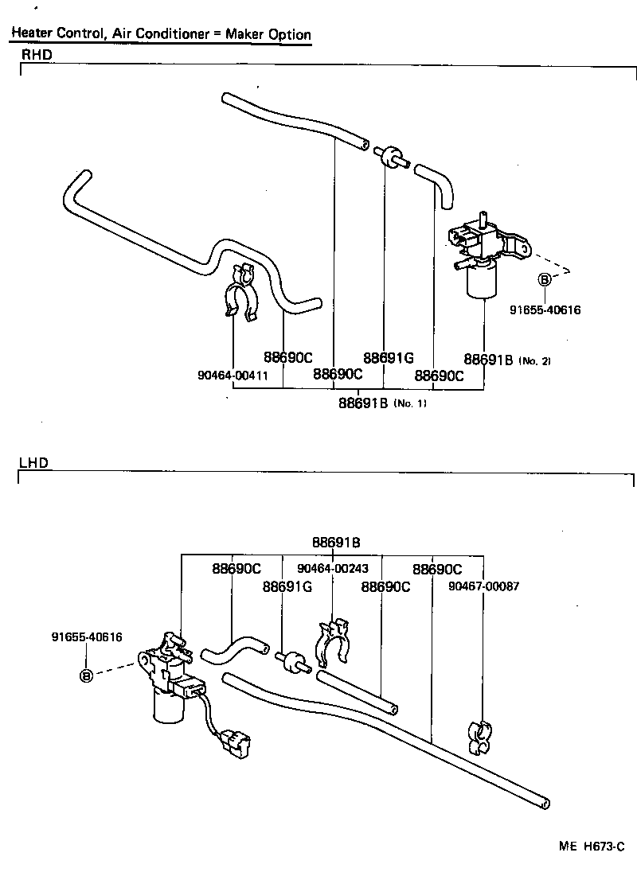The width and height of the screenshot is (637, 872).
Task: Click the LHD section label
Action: (33, 462)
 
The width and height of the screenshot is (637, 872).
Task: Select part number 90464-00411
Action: (233, 374)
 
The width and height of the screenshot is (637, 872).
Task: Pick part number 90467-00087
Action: (483, 586)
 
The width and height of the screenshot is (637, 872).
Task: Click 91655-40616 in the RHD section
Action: (545, 309)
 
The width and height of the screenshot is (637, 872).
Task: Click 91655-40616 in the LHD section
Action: (87, 637)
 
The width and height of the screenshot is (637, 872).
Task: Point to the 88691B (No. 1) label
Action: (382, 403)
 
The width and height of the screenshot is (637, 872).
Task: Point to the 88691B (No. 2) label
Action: (506, 360)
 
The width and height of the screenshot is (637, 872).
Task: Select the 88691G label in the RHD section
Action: (388, 358)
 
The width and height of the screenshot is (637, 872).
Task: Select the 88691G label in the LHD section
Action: (287, 586)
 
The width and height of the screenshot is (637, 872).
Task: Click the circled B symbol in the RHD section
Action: (545, 279)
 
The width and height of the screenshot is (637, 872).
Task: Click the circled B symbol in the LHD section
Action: (86, 675)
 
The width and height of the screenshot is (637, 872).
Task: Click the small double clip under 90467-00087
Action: (483, 736)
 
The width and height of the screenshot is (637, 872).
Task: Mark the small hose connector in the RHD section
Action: (392, 156)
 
